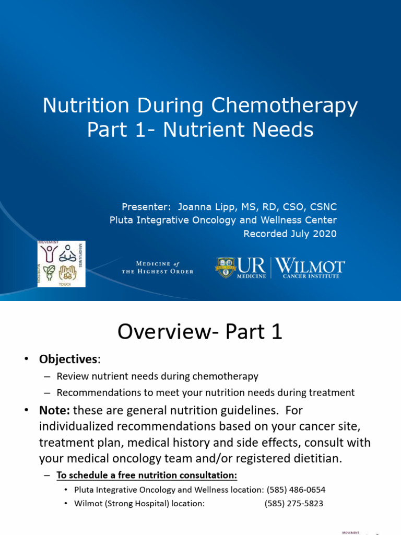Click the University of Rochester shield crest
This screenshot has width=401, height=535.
[226, 267]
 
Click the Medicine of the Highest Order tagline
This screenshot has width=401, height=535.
[157, 267]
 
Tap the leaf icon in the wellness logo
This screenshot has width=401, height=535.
[49, 272]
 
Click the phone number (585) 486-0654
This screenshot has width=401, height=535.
[296, 490]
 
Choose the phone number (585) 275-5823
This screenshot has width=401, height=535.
[293, 504]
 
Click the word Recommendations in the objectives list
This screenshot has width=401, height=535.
[93, 392]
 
